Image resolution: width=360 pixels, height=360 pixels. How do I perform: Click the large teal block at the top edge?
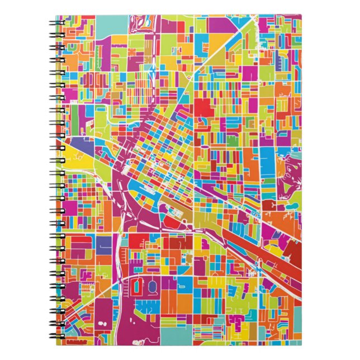pos(112,25)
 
